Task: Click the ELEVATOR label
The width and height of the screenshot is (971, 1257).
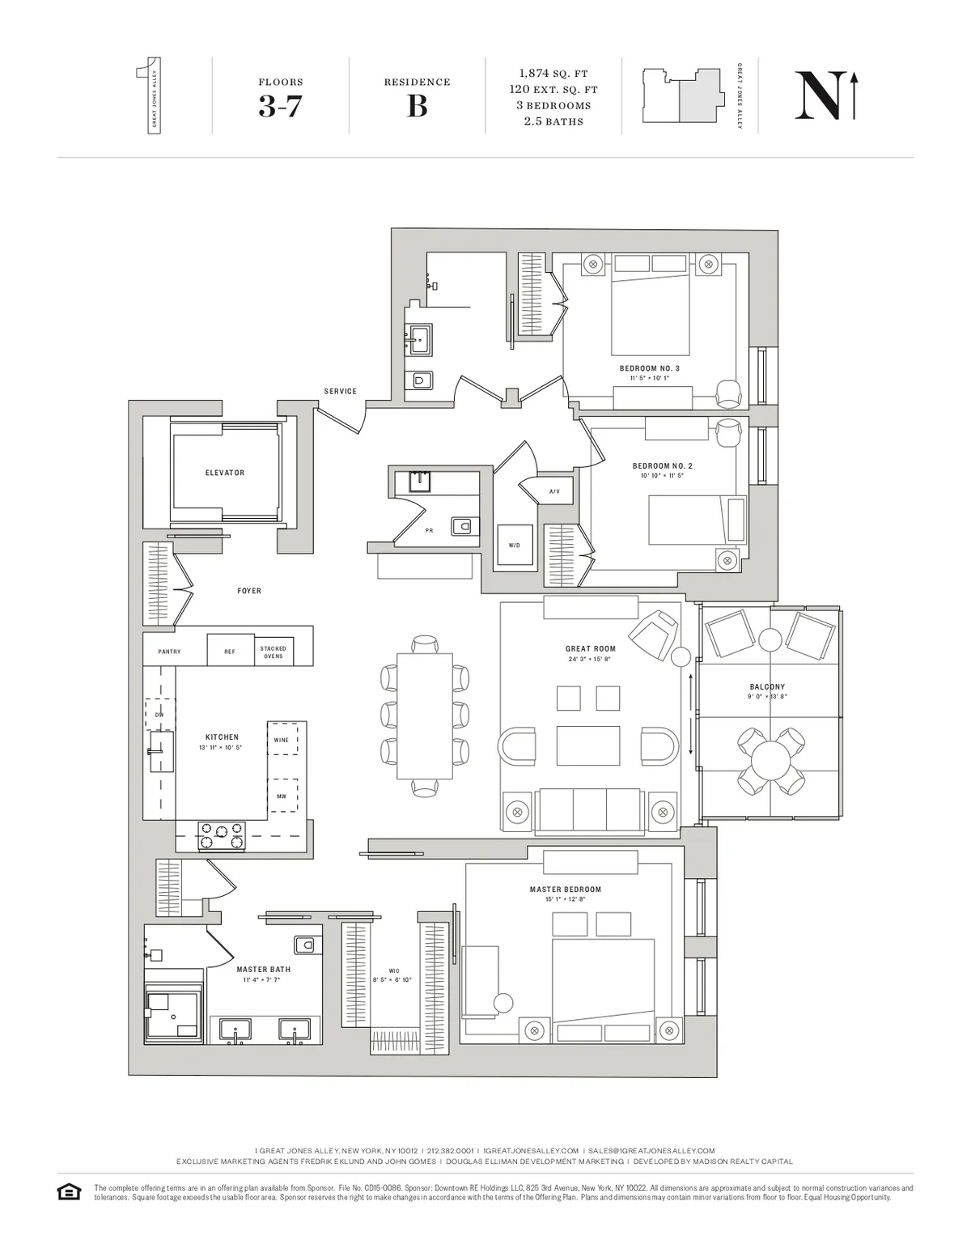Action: [224, 473]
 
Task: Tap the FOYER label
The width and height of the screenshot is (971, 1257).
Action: [249, 591]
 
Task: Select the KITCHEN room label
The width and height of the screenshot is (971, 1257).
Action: [222, 737]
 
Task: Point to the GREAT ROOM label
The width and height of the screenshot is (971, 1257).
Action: [591, 649]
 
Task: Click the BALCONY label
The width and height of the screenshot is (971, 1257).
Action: [767, 687]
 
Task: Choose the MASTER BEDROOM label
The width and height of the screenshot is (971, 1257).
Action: [566, 890]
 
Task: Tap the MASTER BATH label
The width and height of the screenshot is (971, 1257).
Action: [264, 970]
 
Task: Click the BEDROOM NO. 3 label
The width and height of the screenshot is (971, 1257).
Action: [650, 368]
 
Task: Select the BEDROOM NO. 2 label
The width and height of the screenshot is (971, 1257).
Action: [663, 466]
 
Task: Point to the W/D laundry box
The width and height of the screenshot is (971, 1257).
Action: [515, 546]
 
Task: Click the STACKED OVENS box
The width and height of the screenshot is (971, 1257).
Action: [273, 652]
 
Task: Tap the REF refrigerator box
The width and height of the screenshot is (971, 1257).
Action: [230, 651]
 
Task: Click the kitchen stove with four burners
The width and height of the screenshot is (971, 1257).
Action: [223, 836]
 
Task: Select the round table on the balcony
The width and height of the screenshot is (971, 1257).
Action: [772, 761]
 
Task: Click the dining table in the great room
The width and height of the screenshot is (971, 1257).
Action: [425, 713]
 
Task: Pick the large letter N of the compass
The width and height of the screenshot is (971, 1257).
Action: [817, 97]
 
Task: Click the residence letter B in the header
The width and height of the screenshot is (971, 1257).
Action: [417, 106]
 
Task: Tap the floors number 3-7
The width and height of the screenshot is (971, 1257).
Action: [280, 106]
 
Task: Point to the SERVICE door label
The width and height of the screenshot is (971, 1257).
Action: [341, 391]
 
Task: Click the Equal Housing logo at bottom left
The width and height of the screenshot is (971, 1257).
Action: [69, 1191]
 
